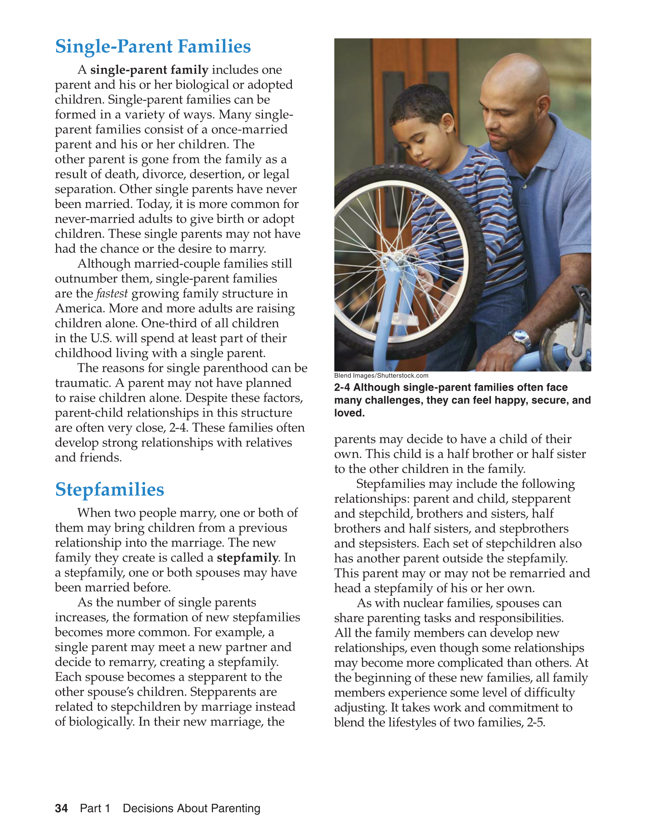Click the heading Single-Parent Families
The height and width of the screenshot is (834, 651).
coord(153,47)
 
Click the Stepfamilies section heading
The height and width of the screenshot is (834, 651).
coord(110,490)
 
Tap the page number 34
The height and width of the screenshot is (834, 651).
coord(62,808)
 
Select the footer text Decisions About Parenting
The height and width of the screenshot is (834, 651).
coord(192,808)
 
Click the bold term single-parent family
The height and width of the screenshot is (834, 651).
coord(149,70)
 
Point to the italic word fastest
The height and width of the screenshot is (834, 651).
coord(112,294)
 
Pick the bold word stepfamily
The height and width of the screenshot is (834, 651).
coord(247,558)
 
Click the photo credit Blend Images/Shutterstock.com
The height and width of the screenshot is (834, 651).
coord(381,376)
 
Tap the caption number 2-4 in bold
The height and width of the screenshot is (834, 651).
coord(342,388)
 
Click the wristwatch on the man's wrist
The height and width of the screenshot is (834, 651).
coord(520,338)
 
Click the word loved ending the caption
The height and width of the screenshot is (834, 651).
coord(348,413)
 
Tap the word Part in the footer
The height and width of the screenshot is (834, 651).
coord(91,808)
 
